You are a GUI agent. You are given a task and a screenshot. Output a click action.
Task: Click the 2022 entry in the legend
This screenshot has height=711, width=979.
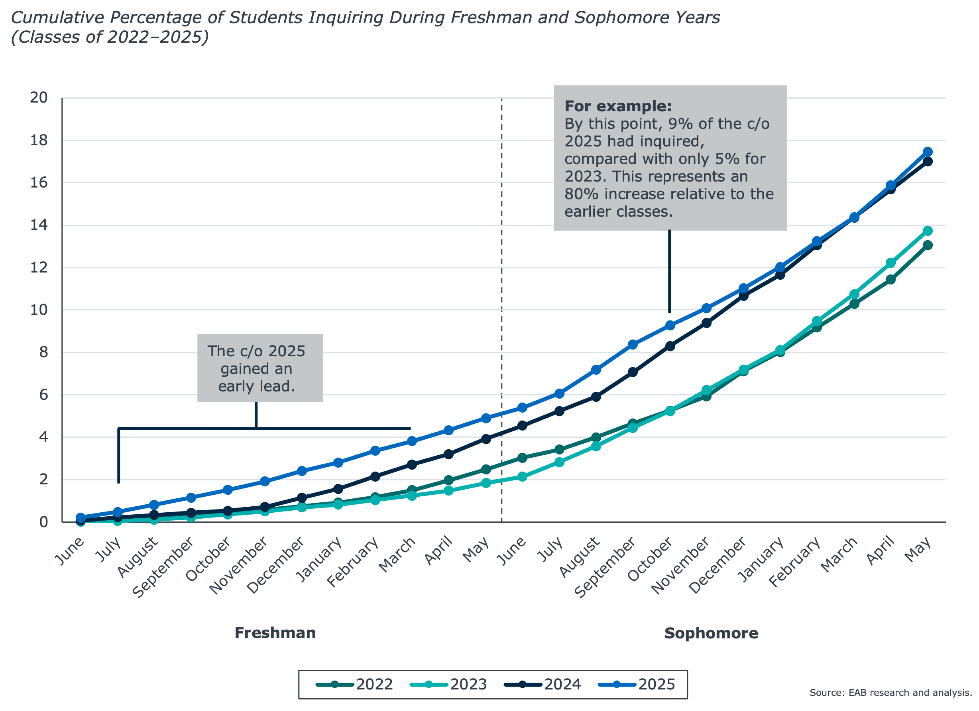[x=355, y=684]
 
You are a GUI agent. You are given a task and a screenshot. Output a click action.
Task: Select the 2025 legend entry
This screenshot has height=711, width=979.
[x=637, y=684]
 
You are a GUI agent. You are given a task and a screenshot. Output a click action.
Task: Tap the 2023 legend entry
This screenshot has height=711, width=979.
[x=449, y=684]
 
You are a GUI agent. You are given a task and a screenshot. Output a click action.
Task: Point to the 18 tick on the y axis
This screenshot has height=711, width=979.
[x=39, y=140]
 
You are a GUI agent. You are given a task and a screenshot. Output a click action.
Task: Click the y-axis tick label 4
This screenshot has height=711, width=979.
[x=43, y=437]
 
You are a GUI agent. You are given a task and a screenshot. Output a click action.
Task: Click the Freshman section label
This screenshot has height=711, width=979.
[x=275, y=633]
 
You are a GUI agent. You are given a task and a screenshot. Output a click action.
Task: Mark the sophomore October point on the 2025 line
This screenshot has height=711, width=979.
[x=670, y=325]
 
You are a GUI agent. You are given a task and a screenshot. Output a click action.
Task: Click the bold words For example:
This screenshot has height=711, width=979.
[x=618, y=106]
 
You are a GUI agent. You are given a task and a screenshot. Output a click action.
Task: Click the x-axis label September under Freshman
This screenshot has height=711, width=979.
[x=163, y=568]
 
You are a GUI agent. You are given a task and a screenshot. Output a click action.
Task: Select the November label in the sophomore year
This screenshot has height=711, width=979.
[x=680, y=565]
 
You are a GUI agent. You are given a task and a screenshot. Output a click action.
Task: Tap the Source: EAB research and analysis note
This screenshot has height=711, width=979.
[x=890, y=692]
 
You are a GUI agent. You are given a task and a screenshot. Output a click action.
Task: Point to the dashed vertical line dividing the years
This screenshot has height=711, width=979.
[x=501, y=302]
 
